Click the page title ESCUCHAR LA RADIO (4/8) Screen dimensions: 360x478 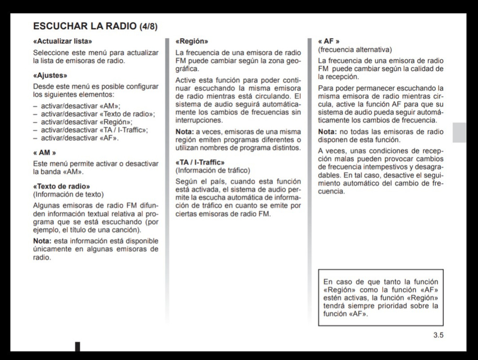(x=95, y=26)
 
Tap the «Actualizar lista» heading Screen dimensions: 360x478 (x=63, y=41)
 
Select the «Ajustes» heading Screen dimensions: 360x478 (x=50, y=76)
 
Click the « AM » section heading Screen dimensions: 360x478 (x=44, y=153)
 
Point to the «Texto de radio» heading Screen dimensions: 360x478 (x=62, y=186)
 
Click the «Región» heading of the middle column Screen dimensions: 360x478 (x=192, y=41)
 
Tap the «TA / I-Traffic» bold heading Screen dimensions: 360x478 (x=200, y=162)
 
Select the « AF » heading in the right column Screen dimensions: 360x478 (x=329, y=41)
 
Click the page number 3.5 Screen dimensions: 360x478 (x=438, y=335)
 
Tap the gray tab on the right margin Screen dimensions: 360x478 (x=459, y=132)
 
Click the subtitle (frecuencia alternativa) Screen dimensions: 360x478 (x=355, y=49)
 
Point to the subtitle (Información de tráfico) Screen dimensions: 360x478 (x=212, y=171)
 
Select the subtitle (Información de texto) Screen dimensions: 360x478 (x=68, y=194)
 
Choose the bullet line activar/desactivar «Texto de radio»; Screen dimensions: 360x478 (x=98, y=114)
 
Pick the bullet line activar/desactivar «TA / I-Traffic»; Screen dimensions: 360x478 (x=94, y=130)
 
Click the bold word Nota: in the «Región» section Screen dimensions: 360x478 (x=184, y=131)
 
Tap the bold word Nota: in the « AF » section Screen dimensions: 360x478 (x=327, y=131)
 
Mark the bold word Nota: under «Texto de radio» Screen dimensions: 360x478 (x=42, y=241)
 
